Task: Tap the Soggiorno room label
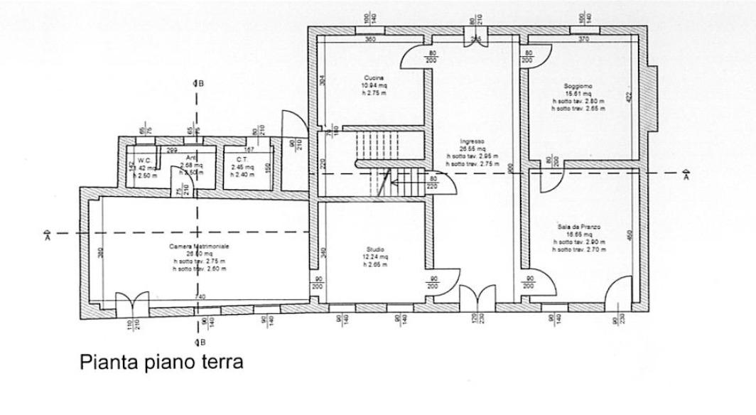click(579, 85)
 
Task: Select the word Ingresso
click(471, 141)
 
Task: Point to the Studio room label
click(375, 249)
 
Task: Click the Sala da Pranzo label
click(579, 227)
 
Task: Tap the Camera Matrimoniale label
click(199, 246)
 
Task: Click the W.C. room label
click(144, 160)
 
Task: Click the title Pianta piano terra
click(162, 362)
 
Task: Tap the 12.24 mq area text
click(375, 257)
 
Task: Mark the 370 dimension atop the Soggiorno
click(584, 40)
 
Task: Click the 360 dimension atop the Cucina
click(370, 40)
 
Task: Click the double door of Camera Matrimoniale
click(132, 305)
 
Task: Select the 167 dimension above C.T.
click(249, 150)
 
